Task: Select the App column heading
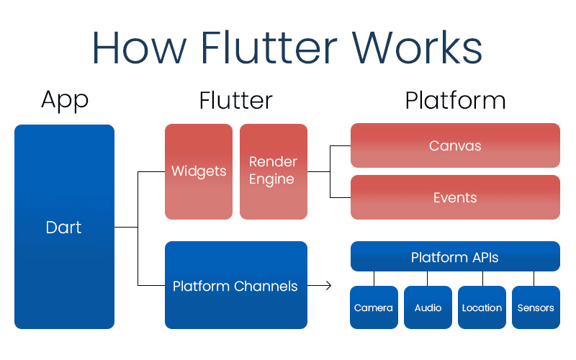tap(64, 99)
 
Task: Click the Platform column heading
tap(455, 100)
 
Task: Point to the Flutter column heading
tap(236, 100)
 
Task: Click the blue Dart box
tap(64, 228)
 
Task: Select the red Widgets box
tap(199, 171)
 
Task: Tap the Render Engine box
tap(274, 171)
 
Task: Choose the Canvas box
tap(455, 145)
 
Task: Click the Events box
tap(455, 197)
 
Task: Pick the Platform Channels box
tap(235, 285)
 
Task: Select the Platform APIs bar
tap(455, 257)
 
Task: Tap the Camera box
tap(374, 307)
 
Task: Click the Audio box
tap(428, 307)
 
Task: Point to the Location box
tap(482, 307)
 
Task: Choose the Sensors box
tap(536, 307)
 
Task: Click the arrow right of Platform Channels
tap(324, 286)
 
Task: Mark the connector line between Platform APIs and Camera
tap(374, 279)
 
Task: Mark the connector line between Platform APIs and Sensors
tap(534, 279)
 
